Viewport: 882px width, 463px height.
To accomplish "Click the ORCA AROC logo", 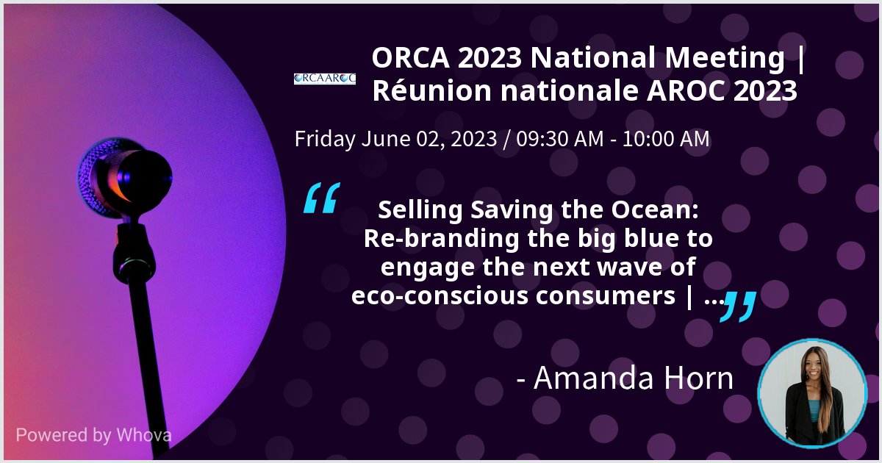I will [325, 78].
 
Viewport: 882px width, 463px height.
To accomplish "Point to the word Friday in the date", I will [324, 139].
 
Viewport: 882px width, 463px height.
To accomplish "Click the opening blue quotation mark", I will [321, 199].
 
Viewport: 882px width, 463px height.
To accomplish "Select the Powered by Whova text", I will [93, 434].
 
